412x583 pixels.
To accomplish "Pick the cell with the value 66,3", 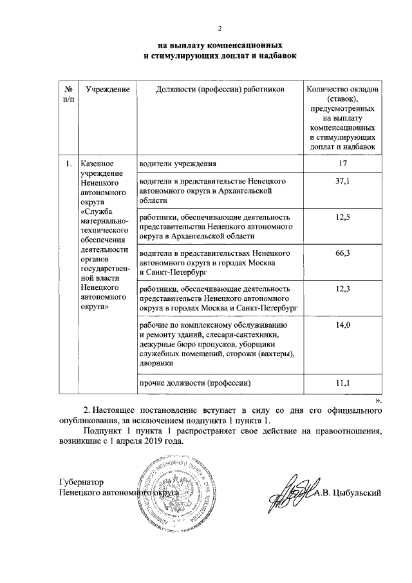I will click(x=342, y=254).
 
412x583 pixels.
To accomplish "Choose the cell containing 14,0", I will click(x=342, y=326).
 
